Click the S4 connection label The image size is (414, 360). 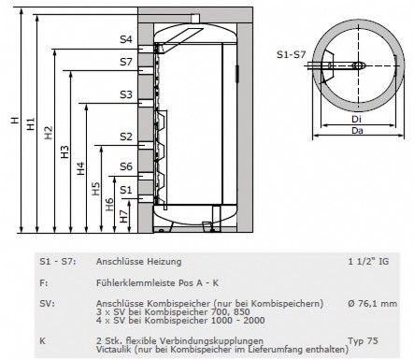[x=126, y=39]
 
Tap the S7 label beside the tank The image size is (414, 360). [x=126, y=62]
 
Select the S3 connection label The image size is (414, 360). [x=126, y=94]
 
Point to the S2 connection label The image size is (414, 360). [x=126, y=137]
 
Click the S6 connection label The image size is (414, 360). [x=126, y=166]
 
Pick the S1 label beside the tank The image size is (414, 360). [x=126, y=190]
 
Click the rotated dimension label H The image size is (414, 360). [x=15, y=120]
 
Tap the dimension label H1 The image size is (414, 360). [x=31, y=123]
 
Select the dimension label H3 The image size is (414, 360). [x=64, y=151]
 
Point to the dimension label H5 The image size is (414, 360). [x=96, y=189]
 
